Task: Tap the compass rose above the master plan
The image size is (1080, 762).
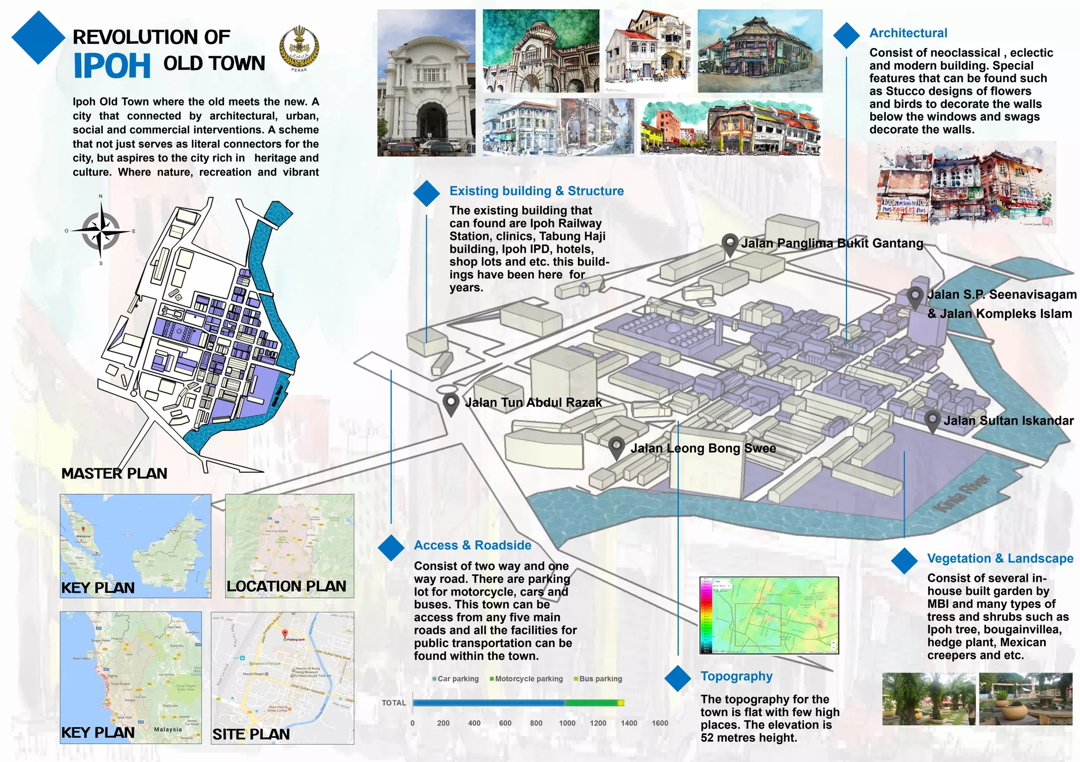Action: click(x=101, y=231)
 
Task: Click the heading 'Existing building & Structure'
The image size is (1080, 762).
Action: click(x=536, y=191)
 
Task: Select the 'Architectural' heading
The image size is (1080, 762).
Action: click(x=908, y=33)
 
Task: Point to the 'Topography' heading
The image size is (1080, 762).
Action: click(x=736, y=676)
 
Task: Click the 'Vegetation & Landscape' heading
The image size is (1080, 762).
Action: click(x=1000, y=559)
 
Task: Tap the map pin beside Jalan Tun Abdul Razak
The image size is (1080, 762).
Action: click(x=451, y=404)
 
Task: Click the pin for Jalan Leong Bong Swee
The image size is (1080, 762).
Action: click(x=616, y=447)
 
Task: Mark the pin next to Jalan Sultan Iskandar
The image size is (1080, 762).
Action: click(x=932, y=421)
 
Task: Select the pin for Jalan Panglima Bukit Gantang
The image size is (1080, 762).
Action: click(x=730, y=244)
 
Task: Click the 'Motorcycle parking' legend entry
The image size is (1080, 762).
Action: click(x=526, y=679)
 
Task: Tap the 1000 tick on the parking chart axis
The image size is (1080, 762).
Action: click(x=567, y=723)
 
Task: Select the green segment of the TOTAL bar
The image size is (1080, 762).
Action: click(x=591, y=702)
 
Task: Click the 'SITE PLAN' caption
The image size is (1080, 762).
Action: click(x=251, y=734)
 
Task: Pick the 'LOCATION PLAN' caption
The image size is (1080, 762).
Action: click(x=286, y=586)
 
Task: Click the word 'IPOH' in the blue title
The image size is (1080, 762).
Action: click(x=112, y=66)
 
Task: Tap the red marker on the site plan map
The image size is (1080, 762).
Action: click(x=285, y=633)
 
